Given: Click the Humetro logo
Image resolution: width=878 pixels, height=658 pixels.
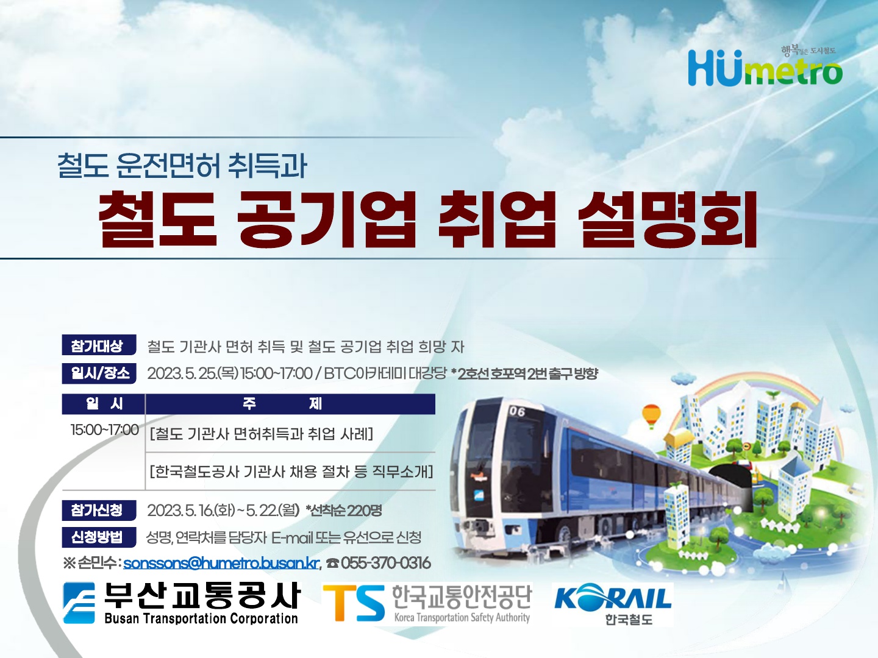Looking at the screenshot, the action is point(765,67).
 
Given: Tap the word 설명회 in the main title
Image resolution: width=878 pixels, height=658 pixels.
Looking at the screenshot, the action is point(668,220).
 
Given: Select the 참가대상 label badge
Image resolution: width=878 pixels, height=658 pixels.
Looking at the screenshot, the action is point(99,345).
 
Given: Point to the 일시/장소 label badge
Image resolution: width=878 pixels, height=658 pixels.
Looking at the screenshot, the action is point(99,373).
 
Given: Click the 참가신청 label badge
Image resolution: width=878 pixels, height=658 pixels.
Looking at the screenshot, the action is point(99,510).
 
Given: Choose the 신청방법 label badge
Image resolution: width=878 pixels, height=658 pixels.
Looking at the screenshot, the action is point(99,537).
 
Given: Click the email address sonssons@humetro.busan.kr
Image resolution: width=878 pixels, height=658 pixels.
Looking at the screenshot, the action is point(221,563).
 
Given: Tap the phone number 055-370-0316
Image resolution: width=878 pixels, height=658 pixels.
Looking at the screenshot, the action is point(385,563).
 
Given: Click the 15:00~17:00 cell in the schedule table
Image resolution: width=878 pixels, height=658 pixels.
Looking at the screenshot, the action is point(105,430).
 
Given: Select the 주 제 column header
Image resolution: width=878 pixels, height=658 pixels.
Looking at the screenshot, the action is point(290,404).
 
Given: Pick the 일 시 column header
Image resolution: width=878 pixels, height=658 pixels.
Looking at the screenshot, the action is point(104,404).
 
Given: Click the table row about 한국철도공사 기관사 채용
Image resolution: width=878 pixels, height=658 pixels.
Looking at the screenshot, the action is point(291,472).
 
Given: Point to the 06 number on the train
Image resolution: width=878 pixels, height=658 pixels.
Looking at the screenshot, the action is point(516,411).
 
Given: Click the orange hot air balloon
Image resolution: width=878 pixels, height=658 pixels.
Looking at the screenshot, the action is point(651,416).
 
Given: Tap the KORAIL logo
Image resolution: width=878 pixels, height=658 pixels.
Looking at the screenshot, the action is point(612,604).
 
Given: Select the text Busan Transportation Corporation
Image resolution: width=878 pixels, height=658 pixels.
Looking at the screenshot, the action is point(201,618).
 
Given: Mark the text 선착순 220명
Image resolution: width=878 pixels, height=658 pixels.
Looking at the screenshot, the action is point(344,511).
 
